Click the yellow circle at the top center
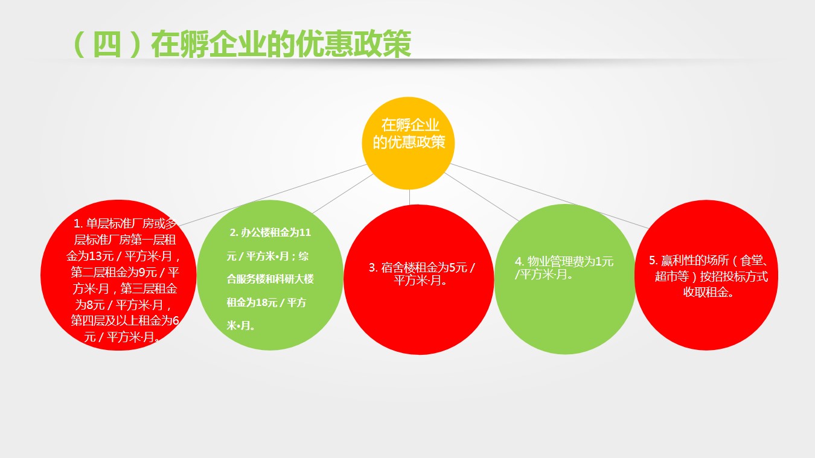click(408, 143)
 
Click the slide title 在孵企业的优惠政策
click(281, 45)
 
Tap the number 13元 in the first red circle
click(101, 256)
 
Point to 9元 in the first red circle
click(148, 273)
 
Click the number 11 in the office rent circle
click(305, 232)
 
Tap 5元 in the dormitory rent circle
click(458, 268)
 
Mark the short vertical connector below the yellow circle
click(409, 197)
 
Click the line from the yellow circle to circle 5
click(550, 196)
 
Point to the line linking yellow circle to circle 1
click(273, 196)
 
